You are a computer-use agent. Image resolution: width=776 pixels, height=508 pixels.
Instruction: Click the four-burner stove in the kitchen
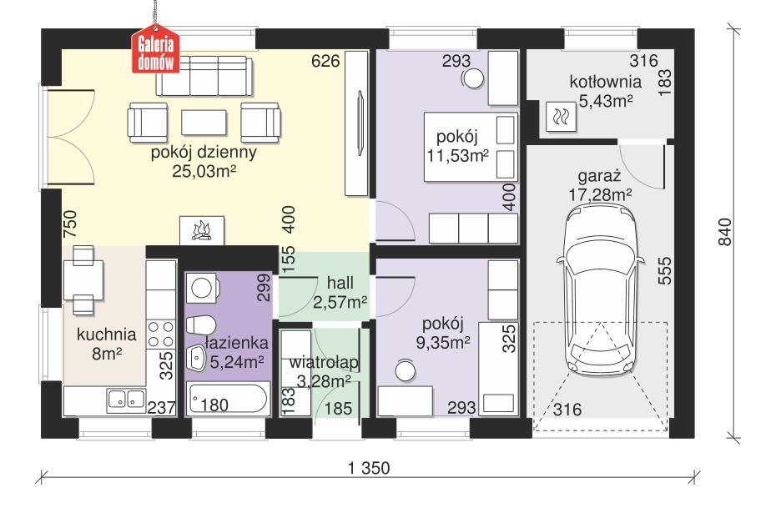pyautogui.click(x=159, y=334)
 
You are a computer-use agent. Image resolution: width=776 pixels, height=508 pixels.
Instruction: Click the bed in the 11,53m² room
pyautogui.click(x=471, y=148)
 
